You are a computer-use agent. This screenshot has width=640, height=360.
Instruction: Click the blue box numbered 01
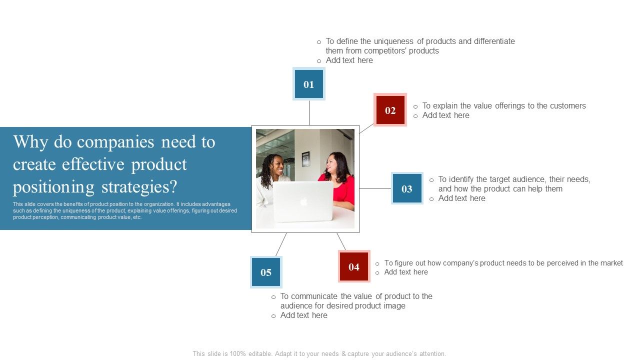[x=308, y=84]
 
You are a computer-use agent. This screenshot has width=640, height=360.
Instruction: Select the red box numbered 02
[x=390, y=110]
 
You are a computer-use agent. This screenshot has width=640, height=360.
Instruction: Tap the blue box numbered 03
[x=406, y=188]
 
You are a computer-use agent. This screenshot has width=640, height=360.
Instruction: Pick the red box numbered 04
[x=354, y=266]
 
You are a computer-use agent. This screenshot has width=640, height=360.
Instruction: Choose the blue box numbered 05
[x=266, y=272]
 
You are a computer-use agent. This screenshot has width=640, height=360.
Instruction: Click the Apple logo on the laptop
[x=303, y=201]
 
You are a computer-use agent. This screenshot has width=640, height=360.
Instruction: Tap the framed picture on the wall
[x=305, y=159]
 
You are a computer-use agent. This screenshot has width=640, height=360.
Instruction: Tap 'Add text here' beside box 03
[x=461, y=198]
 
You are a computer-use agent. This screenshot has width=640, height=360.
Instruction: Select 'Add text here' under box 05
[x=303, y=315]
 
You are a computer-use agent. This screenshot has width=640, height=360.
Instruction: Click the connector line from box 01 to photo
[x=309, y=112]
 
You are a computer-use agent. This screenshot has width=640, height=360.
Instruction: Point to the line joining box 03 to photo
[x=375, y=188]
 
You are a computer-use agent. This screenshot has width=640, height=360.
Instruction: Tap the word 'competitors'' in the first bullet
[x=385, y=51]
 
